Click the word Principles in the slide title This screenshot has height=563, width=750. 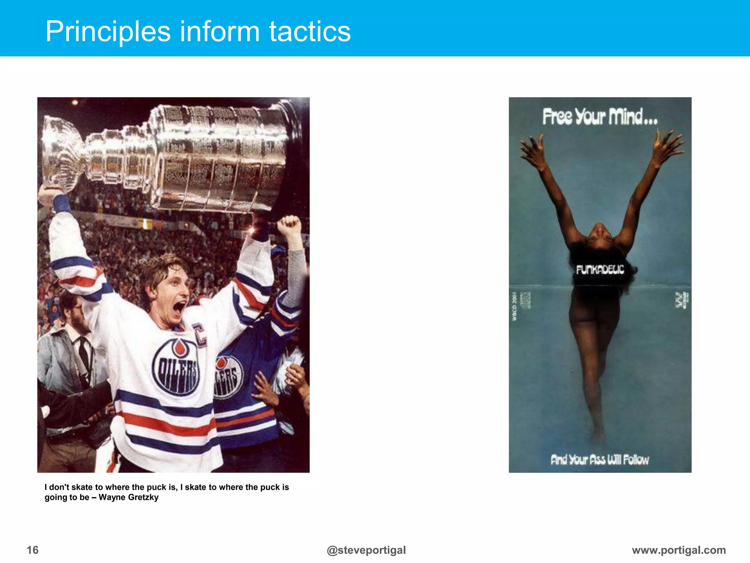coord(108,32)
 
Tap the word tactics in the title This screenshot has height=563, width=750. coord(310,32)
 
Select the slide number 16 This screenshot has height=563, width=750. coord(33,550)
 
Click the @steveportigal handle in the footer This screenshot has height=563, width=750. coord(366,550)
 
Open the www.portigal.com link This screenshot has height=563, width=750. coord(679,550)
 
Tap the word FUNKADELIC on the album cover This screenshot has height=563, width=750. coord(600,270)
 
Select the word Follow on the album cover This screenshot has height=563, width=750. coord(636,459)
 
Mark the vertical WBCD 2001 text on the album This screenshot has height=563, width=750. coord(514,306)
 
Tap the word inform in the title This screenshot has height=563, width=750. coord(219,32)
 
